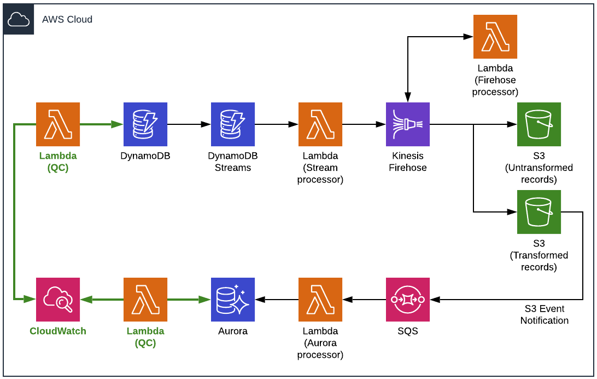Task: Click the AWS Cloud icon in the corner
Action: [x=19, y=20]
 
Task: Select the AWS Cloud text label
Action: [x=67, y=20]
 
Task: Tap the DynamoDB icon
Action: [x=145, y=124]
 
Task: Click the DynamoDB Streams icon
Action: [x=233, y=124]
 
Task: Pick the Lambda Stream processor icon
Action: [x=320, y=124]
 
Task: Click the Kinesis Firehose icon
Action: [x=408, y=124]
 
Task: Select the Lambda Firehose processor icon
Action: [x=495, y=37]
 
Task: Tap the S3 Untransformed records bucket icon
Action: [x=539, y=124]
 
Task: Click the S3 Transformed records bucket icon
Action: [x=539, y=212]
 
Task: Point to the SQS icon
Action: [x=408, y=300]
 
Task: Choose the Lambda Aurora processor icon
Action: [x=320, y=300]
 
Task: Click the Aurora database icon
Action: [x=233, y=300]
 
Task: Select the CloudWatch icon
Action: [x=58, y=300]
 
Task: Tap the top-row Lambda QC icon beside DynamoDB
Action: [x=58, y=124]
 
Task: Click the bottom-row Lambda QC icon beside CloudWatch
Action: [x=145, y=300]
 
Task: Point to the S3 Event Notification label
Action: [x=545, y=315]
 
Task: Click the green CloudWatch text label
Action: [x=58, y=331]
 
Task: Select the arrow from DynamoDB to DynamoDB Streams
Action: [x=189, y=124]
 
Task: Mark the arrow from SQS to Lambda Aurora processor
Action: [x=364, y=300]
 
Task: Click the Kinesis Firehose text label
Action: [x=408, y=162]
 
